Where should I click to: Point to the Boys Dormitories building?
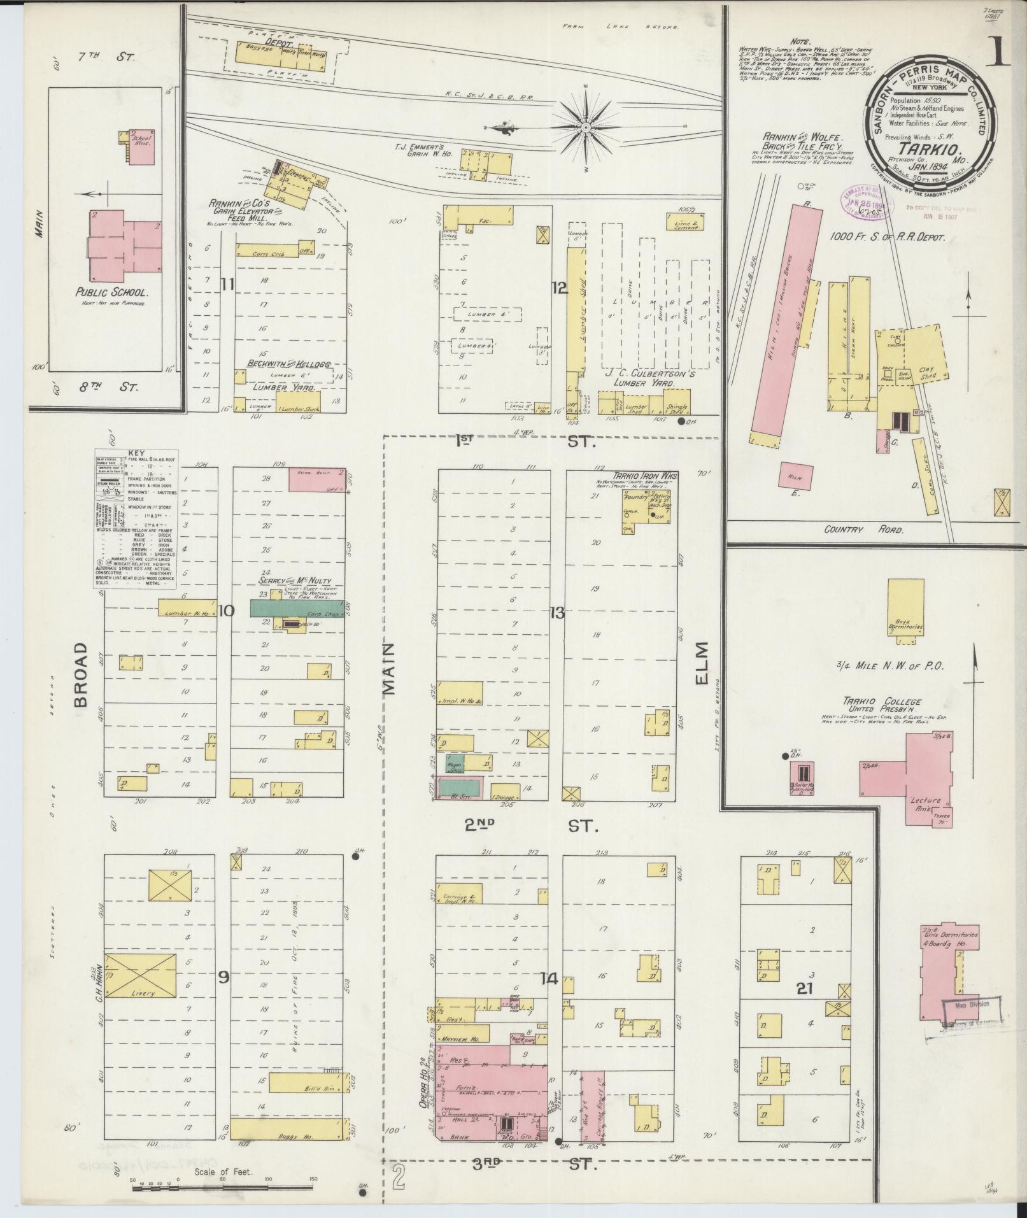(906, 607)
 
